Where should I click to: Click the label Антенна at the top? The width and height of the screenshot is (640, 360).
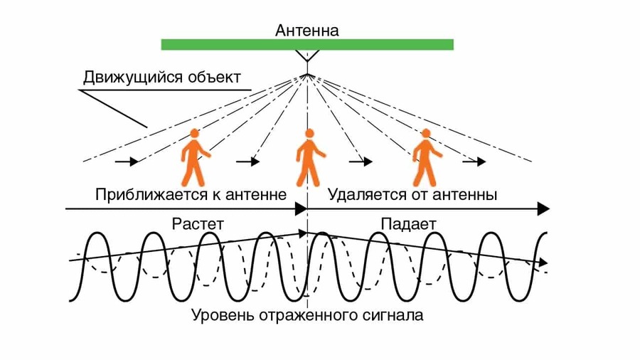click(307, 30)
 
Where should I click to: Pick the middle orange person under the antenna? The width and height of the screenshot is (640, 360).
click(309, 158)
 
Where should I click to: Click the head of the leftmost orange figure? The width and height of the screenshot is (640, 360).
click(195, 134)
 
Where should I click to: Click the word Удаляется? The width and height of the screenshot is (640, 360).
click(358, 194)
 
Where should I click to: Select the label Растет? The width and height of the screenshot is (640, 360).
click(198, 223)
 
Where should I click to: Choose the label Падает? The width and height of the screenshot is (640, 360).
click(408, 223)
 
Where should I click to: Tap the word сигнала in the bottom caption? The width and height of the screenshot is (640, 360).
click(392, 314)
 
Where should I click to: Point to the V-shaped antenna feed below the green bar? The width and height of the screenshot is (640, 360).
click(307, 56)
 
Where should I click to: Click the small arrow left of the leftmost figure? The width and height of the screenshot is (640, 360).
click(125, 162)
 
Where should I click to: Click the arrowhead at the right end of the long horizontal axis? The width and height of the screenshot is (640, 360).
click(544, 208)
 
